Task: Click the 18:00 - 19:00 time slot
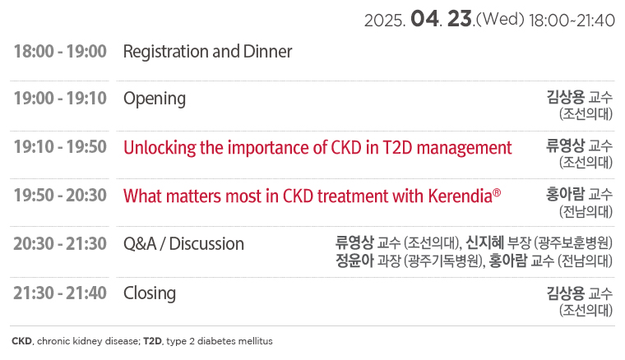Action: click(x=60, y=52)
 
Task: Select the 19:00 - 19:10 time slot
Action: click(x=60, y=99)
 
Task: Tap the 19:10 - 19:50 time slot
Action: click(x=60, y=147)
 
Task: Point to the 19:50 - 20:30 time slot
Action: click(x=60, y=196)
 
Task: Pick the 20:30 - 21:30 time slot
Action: click(x=60, y=244)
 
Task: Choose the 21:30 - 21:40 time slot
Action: click(x=60, y=293)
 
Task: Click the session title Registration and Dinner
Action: click(x=208, y=52)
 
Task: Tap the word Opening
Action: click(x=155, y=99)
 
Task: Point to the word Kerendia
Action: click(x=460, y=196)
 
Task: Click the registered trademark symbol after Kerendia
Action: click(x=497, y=193)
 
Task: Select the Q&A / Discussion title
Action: click(x=183, y=244)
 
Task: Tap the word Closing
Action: click(x=150, y=294)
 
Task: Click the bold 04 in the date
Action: click(x=424, y=19)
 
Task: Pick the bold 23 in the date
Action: click(x=460, y=19)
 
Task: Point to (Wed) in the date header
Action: click(x=500, y=19)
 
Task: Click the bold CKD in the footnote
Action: click(x=22, y=341)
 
